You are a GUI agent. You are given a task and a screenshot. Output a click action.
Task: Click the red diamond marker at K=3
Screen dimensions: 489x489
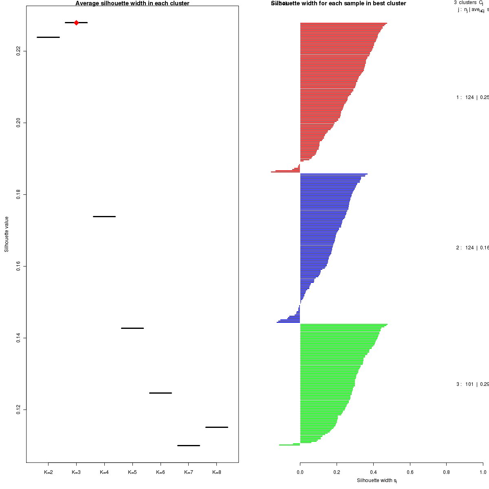click(x=76, y=22)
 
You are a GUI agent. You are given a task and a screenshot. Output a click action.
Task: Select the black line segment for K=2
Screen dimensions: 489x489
click(x=48, y=37)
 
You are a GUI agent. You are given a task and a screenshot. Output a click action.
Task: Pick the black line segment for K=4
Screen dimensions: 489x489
click(x=104, y=216)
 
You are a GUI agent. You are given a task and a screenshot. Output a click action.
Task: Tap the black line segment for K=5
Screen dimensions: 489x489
click(x=132, y=328)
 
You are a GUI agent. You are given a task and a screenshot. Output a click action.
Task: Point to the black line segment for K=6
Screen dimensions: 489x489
click(x=161, y=393)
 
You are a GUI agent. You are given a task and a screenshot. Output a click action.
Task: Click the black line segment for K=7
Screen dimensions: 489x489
click(x=189, y=445)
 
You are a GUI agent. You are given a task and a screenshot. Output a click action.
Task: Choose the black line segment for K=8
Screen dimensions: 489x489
click(x=217, y=427)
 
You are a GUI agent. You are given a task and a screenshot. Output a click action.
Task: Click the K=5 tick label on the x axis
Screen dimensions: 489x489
click(x=132, y=473)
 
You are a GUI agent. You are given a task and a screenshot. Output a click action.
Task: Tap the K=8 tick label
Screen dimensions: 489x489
click(x=217, y=473)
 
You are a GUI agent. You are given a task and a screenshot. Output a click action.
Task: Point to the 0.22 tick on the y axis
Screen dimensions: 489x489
click(x=18, y=51)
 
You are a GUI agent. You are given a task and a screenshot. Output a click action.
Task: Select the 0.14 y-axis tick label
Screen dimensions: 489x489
click(x=18, y=338)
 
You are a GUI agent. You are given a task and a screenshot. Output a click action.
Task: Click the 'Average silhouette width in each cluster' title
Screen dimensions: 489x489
click(x=132, y=3)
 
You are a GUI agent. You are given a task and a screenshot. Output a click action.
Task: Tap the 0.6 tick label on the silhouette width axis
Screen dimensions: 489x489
click(x=410, y=473)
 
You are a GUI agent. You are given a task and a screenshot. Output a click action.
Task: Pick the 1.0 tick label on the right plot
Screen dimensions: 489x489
click(x=483, y=473)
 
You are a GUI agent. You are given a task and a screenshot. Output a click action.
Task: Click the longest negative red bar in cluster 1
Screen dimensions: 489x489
click(x=285, y=172)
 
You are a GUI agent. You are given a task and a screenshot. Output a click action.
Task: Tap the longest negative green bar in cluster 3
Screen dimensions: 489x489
click(x=289, y=445)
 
